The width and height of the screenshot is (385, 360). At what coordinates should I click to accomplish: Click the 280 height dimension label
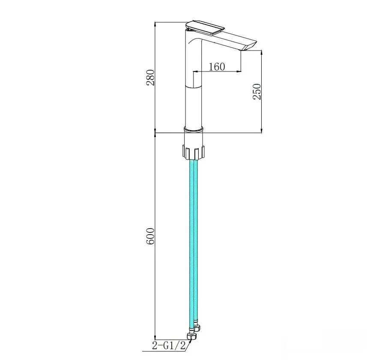coord(150,77)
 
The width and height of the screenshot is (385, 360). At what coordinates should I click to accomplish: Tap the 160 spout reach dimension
coord(217,66)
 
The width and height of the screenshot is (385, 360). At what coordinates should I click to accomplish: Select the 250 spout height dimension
coord(257,92)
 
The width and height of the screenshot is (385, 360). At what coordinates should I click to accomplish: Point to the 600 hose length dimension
coord(150,236)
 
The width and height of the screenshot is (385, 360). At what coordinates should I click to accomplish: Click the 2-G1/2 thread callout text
coord(169,346)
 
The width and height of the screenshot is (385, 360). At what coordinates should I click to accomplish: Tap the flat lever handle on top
coord(205,27)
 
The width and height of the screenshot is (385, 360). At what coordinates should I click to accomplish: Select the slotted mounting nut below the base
coord(193,152)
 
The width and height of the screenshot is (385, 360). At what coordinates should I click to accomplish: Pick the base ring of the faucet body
coord(194,129)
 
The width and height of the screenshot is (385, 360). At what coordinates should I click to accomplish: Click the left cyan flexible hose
coord(191,245)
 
